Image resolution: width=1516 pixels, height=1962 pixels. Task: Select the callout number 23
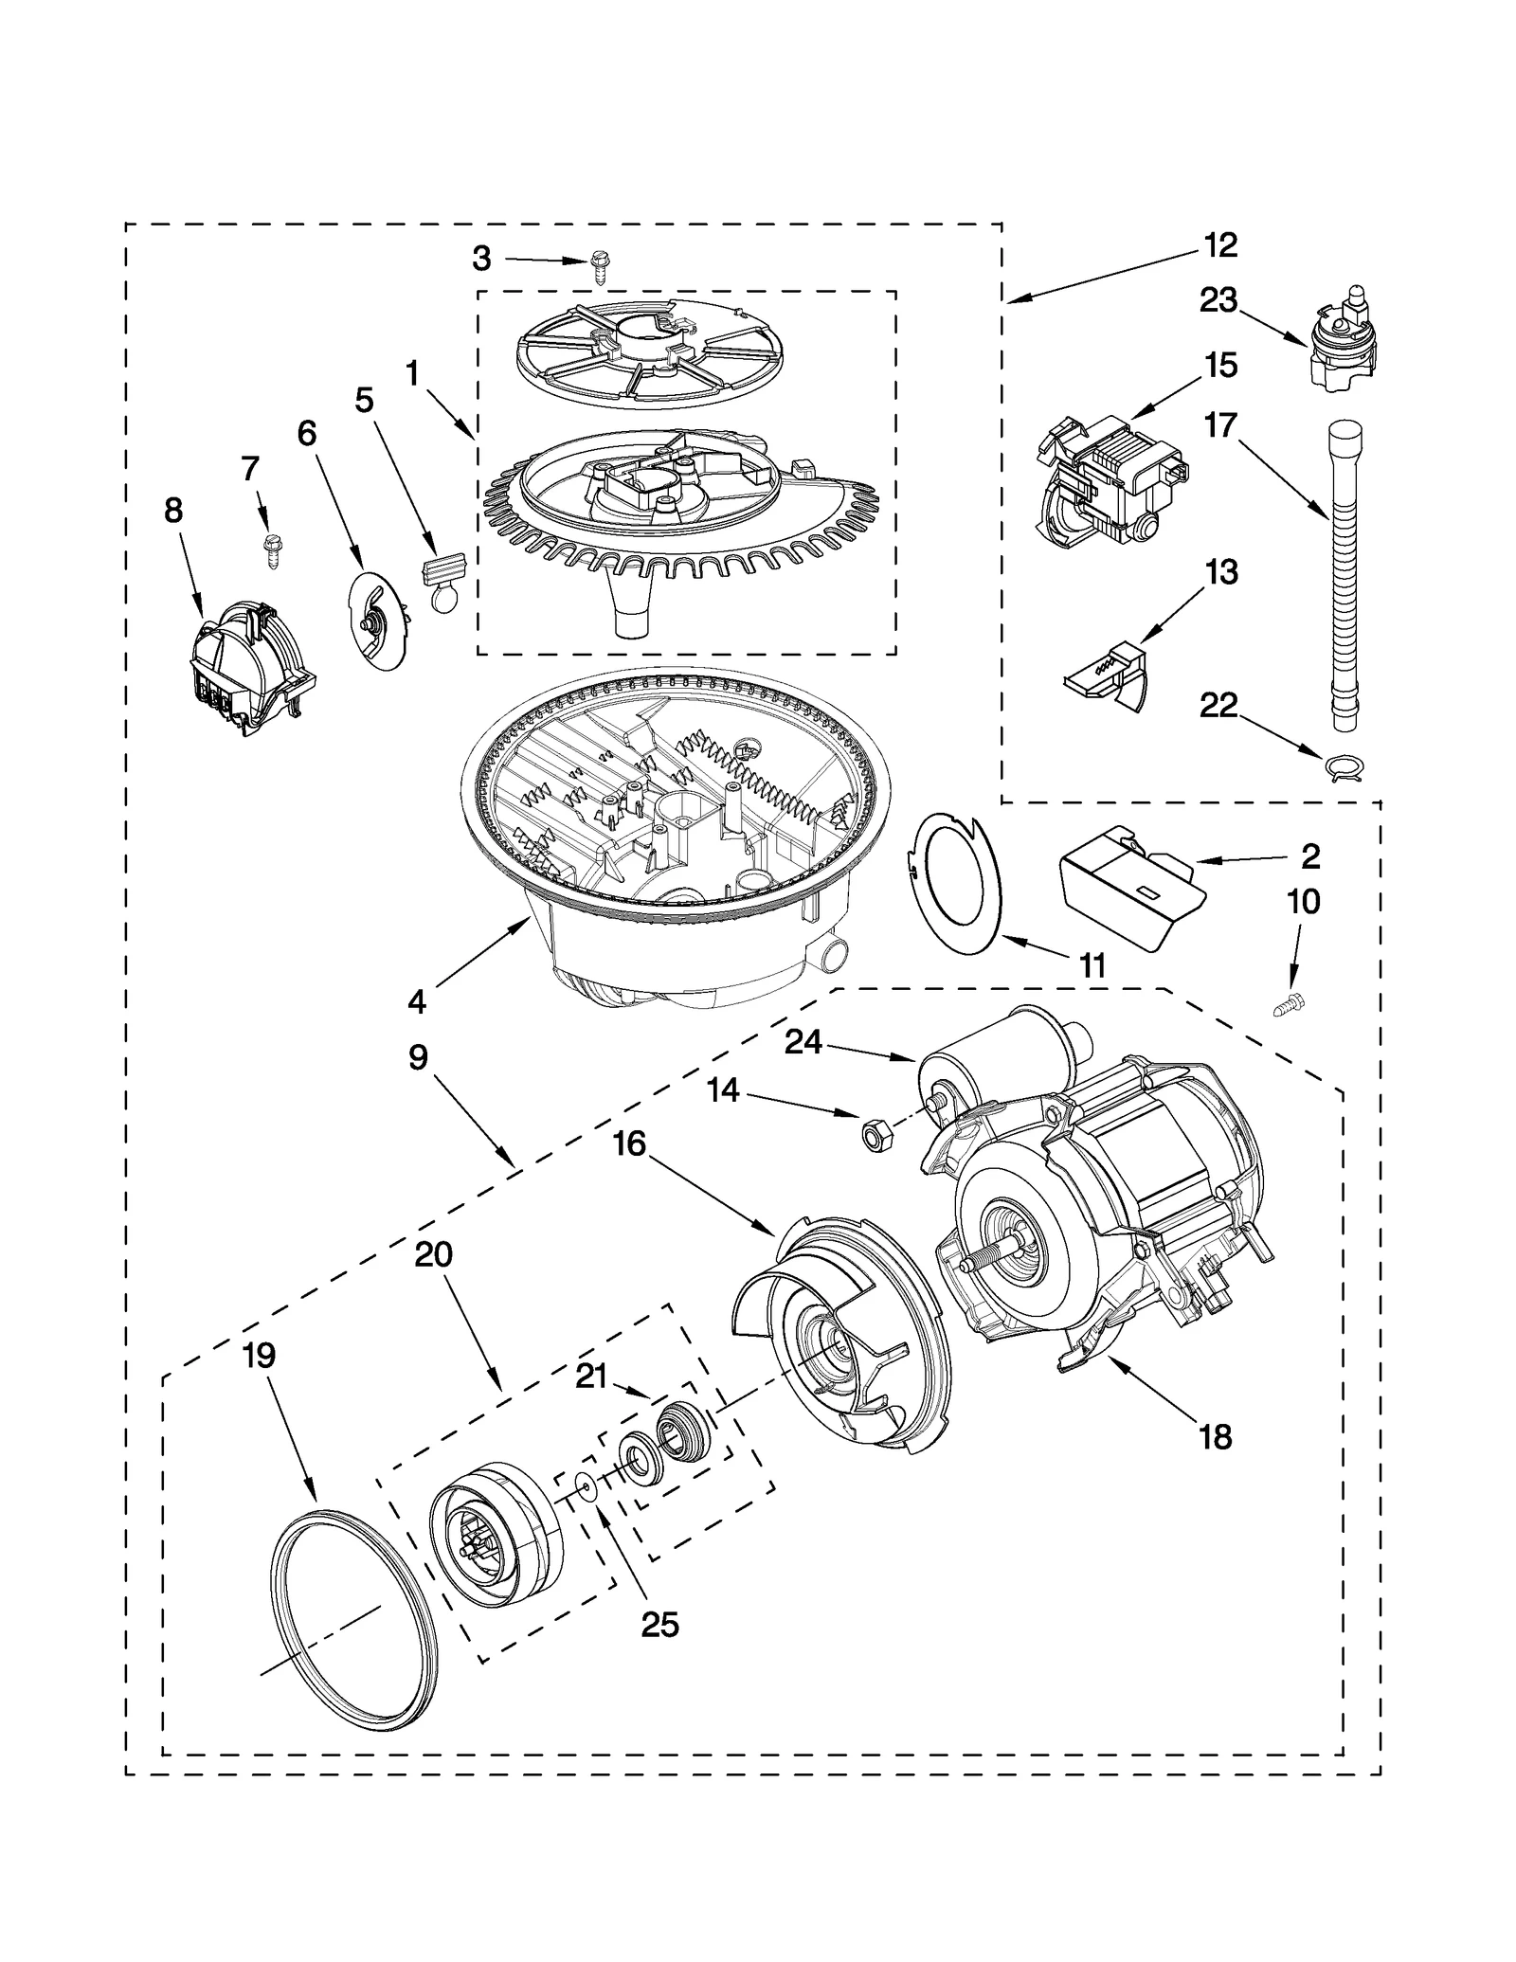pos(1218,300)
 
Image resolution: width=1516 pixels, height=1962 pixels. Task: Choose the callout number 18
pos(1216,1436)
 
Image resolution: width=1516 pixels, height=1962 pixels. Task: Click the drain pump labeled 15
pos(1109,483)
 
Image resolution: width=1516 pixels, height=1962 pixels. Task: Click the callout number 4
pos(418,1000)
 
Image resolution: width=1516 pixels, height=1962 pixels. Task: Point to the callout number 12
pos(1221,245)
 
